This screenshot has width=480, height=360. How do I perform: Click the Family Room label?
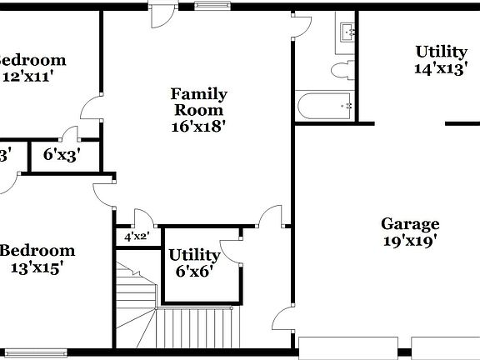pos(199,102)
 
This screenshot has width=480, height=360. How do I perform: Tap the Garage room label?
pos(410,223)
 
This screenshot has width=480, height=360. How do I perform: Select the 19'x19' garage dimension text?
pos(410,242)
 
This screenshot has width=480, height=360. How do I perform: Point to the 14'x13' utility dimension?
pos(441,69)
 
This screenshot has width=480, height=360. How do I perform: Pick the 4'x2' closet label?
pos(136,237)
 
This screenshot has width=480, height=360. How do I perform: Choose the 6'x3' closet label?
pos(62,154)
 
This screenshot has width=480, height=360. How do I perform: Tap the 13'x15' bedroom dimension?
pos(37,267)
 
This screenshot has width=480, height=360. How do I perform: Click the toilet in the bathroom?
pos(342,68)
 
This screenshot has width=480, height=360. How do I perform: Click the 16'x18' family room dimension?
pos(199,127)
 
